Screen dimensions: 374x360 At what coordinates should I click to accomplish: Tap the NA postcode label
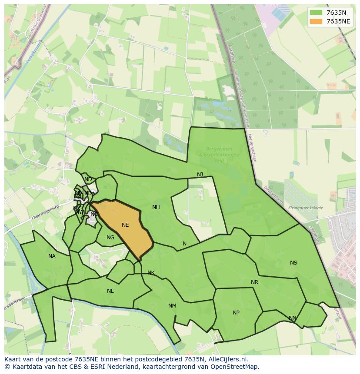[x=52, y=256]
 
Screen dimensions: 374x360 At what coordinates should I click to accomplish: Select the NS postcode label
[x=293, y=263]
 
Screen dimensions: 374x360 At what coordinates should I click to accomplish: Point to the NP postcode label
[x=236, y=313]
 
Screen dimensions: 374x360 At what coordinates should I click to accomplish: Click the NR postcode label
[x=254, y=282]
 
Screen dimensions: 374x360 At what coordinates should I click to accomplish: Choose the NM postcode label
[x=172, y=306]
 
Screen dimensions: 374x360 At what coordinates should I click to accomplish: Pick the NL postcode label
[x=110, y=291]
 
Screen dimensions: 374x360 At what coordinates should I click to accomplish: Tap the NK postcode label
[x=151, y=273]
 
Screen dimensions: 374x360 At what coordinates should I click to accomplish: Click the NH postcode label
[x=156, y=207]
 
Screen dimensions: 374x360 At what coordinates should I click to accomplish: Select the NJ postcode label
[x=200, y=175]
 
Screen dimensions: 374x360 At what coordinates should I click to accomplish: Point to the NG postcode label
[x=110, y=238]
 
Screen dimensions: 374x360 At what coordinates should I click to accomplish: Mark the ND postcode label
[x=88, y=179]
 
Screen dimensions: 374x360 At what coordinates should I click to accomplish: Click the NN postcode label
[x=293, y=318]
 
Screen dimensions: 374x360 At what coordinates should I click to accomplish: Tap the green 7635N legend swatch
[x=316, y=13]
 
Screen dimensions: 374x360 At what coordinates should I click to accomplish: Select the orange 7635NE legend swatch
[x=316, y=21]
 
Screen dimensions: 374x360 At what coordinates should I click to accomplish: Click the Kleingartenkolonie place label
[x=305, y=208]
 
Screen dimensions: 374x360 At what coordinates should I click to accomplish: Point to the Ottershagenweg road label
[x=45, y=212]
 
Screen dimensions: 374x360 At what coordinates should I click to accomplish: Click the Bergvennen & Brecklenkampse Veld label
[x=216, y=155]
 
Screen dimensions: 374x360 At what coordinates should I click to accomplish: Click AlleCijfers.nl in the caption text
[x=227, y=359]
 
